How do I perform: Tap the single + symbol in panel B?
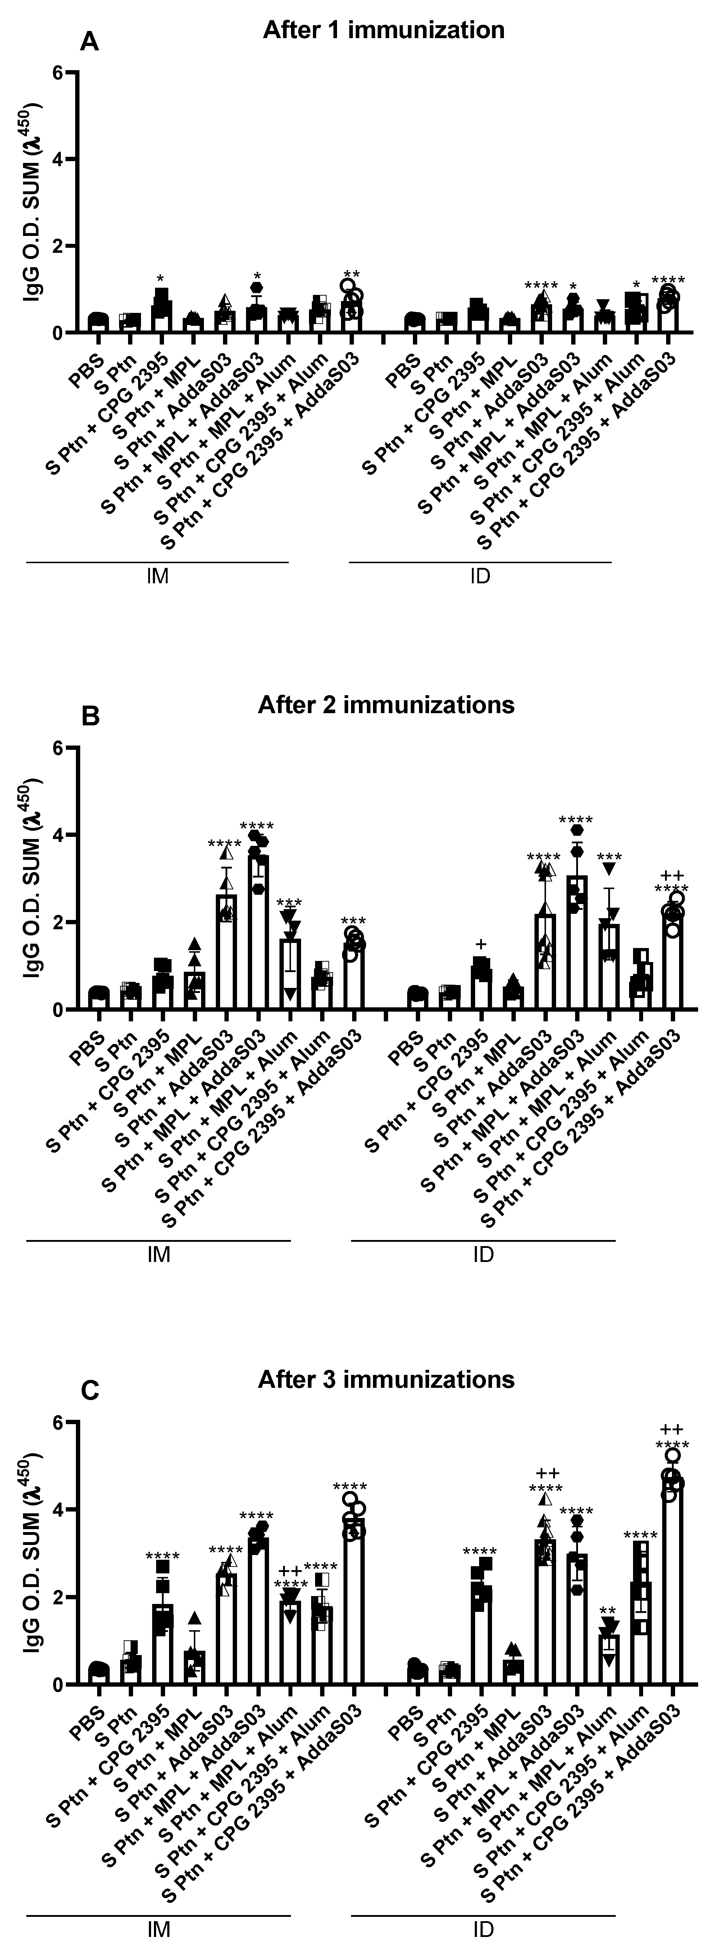(480, 944)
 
